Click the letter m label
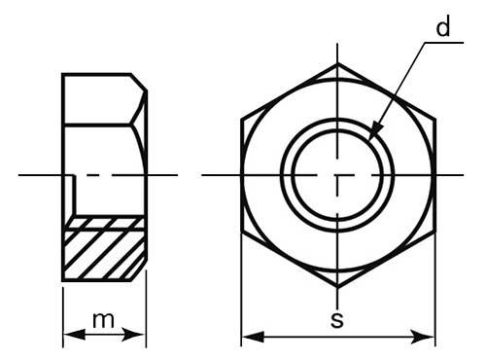click(x=103, y=320)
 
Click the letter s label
click(x=337, y=320)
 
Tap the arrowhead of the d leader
click(x=375, y=130)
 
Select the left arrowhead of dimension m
click(x=74, y=335)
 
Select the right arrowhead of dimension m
click(x=133, y=335)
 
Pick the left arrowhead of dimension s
click(x=253, y=338)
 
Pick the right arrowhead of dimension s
click(x=423, y=338)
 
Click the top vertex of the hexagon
click(x=337, y=64)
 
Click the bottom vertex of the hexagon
click(x=337, y=287)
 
